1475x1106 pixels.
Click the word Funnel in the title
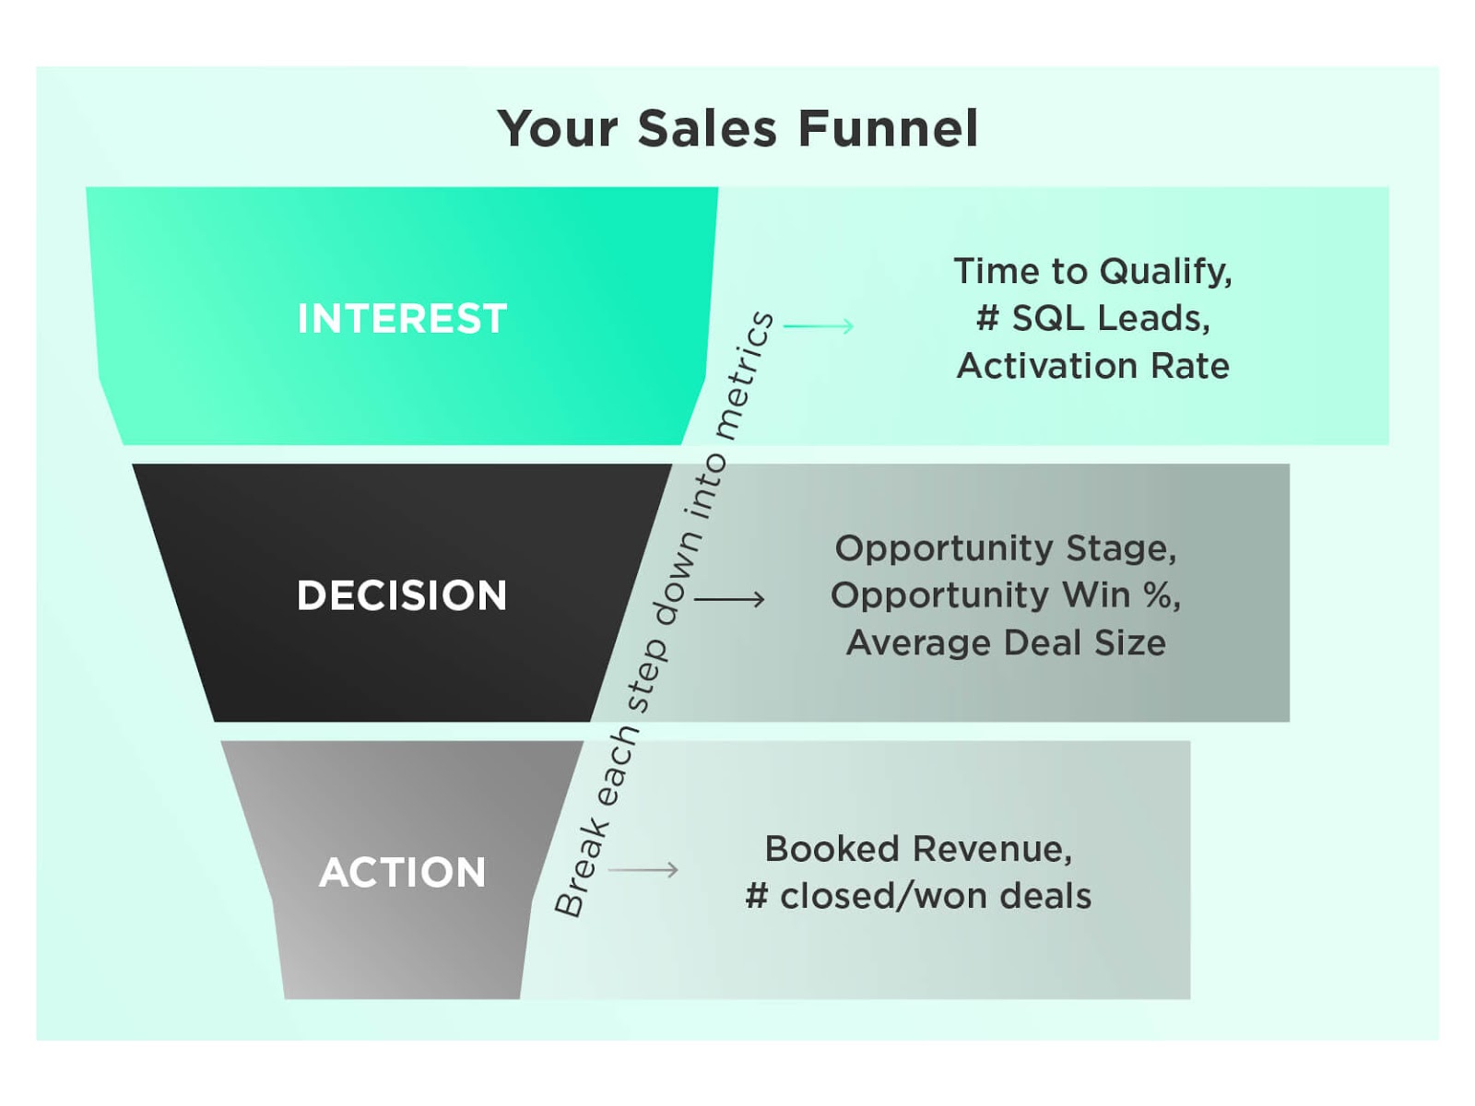click(x=887, y=128)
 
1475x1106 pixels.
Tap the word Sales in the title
click(x=706, y=128)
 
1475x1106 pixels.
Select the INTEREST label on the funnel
click(x=402, y=319)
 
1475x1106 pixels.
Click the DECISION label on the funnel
click(x=402, y=595)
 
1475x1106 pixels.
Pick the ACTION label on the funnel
click(x=402, y=872)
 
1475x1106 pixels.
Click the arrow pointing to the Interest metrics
click(x=819, y=325)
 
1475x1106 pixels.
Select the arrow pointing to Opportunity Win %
click(x=729, y=599)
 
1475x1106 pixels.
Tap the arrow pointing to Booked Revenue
click(x=643, y=869)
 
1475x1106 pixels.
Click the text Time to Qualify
click(x=1091, y=271)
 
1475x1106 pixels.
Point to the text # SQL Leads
click(x=1092, y=318)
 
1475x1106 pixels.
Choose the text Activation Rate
click(x=1092, y=366)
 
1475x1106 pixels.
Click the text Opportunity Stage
click(x=1005, y=548)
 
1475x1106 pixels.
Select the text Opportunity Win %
click(x=1005, y=595)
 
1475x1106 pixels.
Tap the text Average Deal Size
click(x=1006, y=642)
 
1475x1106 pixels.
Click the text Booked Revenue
click(x=918, y=849)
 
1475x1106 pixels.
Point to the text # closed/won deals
click(x=918, y=896)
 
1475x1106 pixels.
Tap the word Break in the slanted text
click(x=582, y=865)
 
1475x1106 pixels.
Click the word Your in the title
click(x=558, y=128)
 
